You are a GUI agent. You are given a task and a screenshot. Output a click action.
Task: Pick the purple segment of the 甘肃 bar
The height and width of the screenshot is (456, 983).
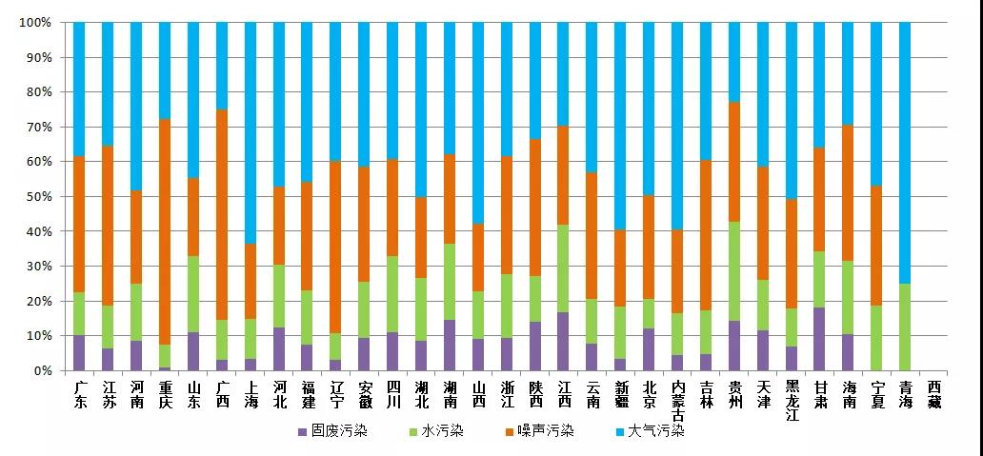coord(819,339)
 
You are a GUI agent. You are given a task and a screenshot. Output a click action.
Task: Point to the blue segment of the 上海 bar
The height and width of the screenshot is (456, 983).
coord(251,133)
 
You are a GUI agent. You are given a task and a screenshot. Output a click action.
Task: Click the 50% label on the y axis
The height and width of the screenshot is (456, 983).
coord(37,197)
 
